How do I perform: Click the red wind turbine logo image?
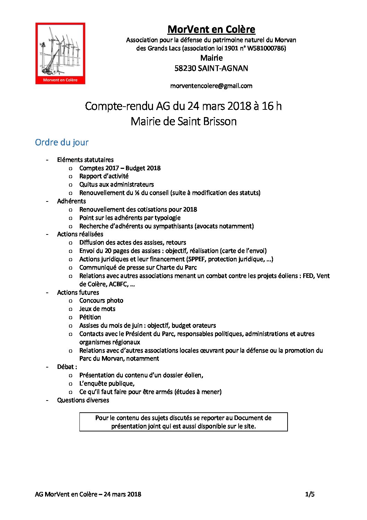coord(60,53)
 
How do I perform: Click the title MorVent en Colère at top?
coord(211,30)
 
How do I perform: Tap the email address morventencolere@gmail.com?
coord(211,86)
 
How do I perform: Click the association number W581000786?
coord(265,48)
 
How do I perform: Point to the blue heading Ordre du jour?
coord(62,142)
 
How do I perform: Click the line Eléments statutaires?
coord(85,160)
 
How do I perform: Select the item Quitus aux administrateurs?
coord(116,184)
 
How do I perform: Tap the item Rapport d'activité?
coord(104,176)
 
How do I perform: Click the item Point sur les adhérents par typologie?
coord(130,218)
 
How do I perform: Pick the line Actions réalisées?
coord(80,234)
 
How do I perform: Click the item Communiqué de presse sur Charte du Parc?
coord(138,267)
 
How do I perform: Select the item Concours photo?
coord(101,300)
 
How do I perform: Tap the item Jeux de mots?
coord(97,309)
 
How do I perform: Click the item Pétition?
coord(90,317)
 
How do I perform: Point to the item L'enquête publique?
coord(107,383)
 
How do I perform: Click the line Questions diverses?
coord(83,400)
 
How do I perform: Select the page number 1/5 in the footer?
coord(310,494)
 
